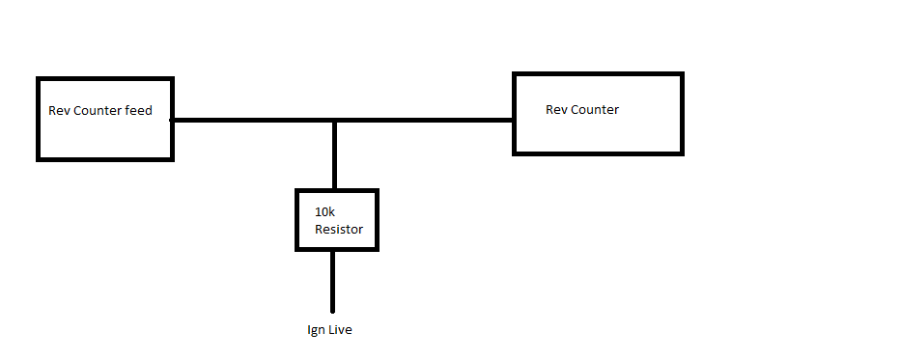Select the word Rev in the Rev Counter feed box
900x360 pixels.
click(x=58, y=111)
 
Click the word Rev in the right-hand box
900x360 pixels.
click(x=556, y=110)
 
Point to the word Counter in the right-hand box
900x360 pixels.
click(x=596, y=110)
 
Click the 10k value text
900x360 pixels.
click(x=324, y=211)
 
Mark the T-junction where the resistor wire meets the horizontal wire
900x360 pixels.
click(x=334, y=121)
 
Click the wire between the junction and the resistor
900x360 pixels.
click(x=334, y=156)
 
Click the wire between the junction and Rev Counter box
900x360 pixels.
click(x=425, y=121)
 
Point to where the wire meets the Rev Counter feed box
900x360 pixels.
click(x=173, y=121)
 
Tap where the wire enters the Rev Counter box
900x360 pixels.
click(x=514, y=121)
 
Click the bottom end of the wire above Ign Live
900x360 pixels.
click(x=334, y=310)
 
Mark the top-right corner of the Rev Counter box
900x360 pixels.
click(x=682, y=73)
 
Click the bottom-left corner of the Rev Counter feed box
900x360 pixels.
click(x=39, y=158)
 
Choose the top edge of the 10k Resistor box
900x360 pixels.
click(x=336, y=191)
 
